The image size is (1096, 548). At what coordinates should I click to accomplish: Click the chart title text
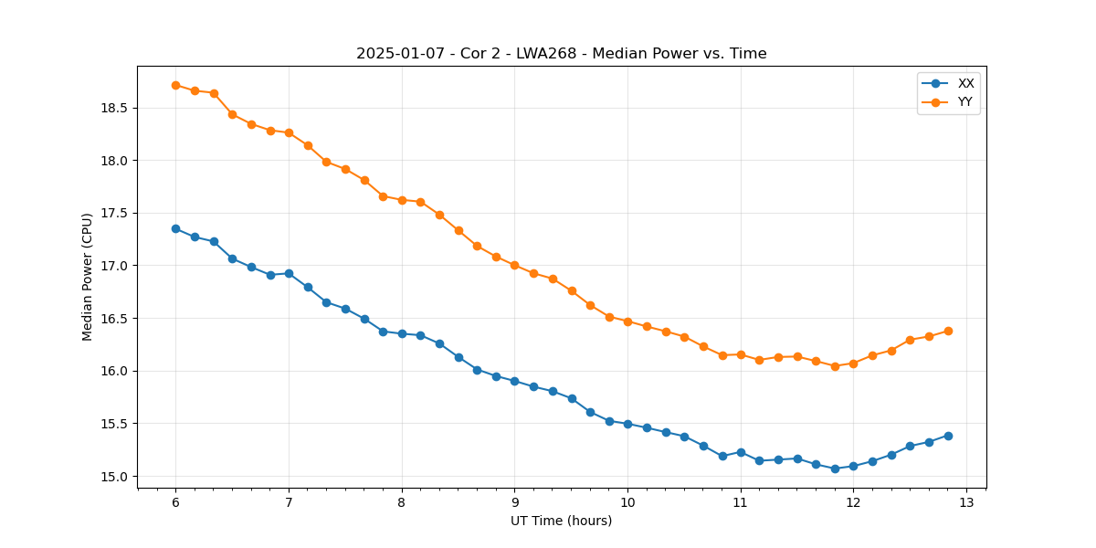(x=561, y=54)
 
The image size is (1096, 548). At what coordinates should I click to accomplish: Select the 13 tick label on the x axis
(x=966, y=502)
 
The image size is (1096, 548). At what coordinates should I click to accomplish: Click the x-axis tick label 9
(x=514, y=502)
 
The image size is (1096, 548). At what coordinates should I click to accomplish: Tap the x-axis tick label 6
(x=175, y=502)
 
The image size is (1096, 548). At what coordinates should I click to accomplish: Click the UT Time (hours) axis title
(x=561, y=522)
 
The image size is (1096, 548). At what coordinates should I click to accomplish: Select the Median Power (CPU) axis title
(x=88, y=277)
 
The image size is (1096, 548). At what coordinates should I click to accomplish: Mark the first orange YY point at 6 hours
(x=175, y=85)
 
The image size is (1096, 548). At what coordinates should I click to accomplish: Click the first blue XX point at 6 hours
(x=175, y=228)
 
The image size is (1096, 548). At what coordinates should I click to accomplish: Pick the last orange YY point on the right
(x=948, y=331)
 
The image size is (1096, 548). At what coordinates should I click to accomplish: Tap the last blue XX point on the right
(x=948, y=436)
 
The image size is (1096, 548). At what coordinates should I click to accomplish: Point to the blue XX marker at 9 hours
(x=514, y=381)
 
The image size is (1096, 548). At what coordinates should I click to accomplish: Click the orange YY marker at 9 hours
(x=514, y=265)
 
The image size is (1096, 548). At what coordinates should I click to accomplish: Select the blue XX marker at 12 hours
(x=853, y=466)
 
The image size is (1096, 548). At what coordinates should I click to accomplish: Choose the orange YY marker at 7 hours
(x=289, y=132)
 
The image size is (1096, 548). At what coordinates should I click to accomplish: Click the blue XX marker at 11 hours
(x=741, y=452)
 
